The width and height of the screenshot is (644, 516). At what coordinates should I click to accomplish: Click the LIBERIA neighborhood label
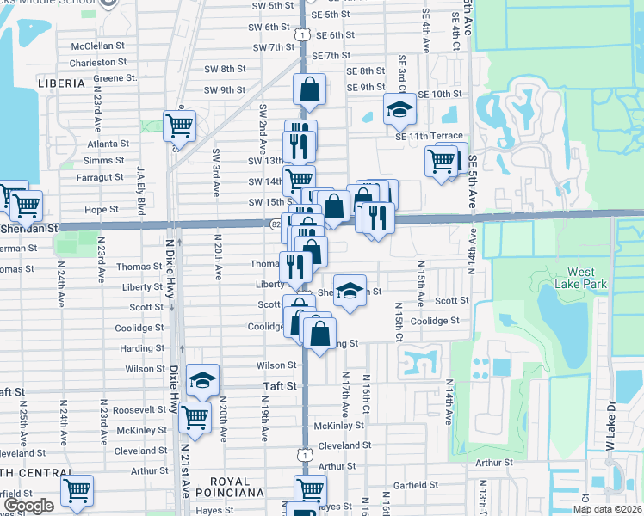61,83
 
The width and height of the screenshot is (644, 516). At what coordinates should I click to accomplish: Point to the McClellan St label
98,45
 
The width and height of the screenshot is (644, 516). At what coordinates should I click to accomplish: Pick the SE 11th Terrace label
429,136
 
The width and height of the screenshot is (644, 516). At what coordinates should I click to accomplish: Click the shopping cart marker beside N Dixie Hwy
179,126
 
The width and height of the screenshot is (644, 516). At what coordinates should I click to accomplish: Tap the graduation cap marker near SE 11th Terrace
399,108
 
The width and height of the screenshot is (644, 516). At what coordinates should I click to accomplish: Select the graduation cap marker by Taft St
202,380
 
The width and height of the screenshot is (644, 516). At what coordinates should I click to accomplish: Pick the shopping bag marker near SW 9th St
308,89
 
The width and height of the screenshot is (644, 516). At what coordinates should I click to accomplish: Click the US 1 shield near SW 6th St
301,34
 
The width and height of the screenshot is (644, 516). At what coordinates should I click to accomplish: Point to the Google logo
29,506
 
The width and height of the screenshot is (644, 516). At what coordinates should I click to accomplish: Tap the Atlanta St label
108,144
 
